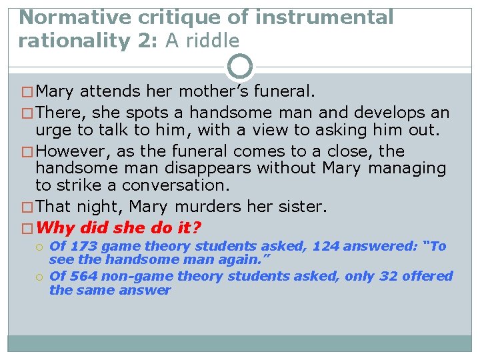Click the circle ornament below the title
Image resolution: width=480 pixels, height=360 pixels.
(x=240, y=67)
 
